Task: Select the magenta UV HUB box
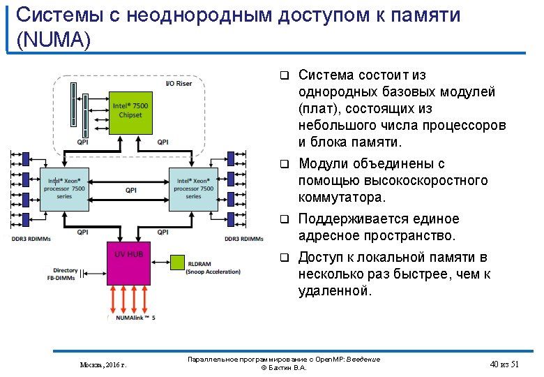pos(129,263)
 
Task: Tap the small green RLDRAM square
pos(177,263)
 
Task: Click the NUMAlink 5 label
pos(135,318)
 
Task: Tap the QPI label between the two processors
pos(131,189)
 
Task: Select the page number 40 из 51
pos(505,364)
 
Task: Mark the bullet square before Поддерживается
pos(284,219)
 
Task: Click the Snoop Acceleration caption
pos(215,272)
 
